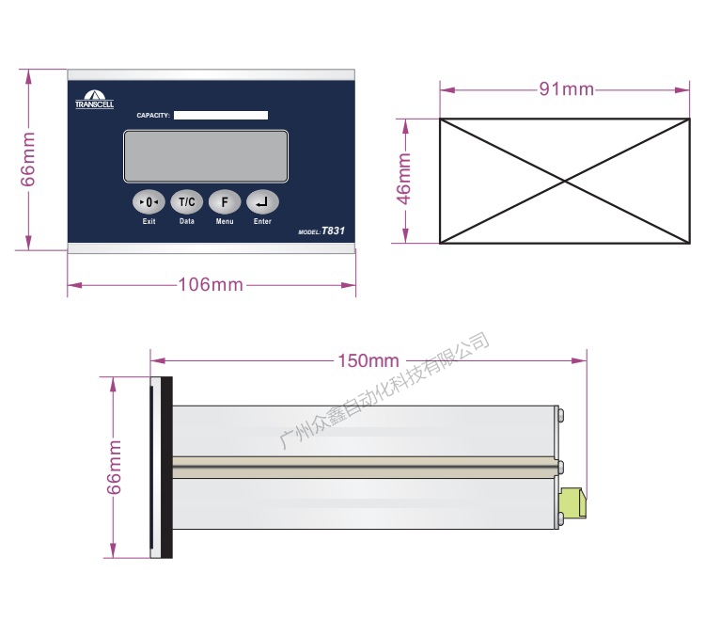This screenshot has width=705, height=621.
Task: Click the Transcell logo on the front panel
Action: pyautogui.click(x=94, y=100)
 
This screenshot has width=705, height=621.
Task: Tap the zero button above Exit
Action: pyautogui.click(x=149, y=202)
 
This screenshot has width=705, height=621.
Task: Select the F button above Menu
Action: pyautogui.click(x=225, y=202)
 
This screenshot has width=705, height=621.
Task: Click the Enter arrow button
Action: pyautogui.click(x=262, y=202)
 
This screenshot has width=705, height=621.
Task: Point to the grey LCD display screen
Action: pyautogui.click(x=206, y=156)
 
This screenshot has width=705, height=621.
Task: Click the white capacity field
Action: pyautogui.click(x=221, y=115)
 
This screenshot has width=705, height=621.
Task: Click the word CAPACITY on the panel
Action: pyautogui.click(x=153, y=116)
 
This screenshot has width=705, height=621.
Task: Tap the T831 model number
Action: pyautogui.click(x=333, y=231)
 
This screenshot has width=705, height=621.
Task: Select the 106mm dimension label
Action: pyautogui.click(x=211, y=285)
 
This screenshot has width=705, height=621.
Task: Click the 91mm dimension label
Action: pyautogui.click(x=567, y=89)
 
